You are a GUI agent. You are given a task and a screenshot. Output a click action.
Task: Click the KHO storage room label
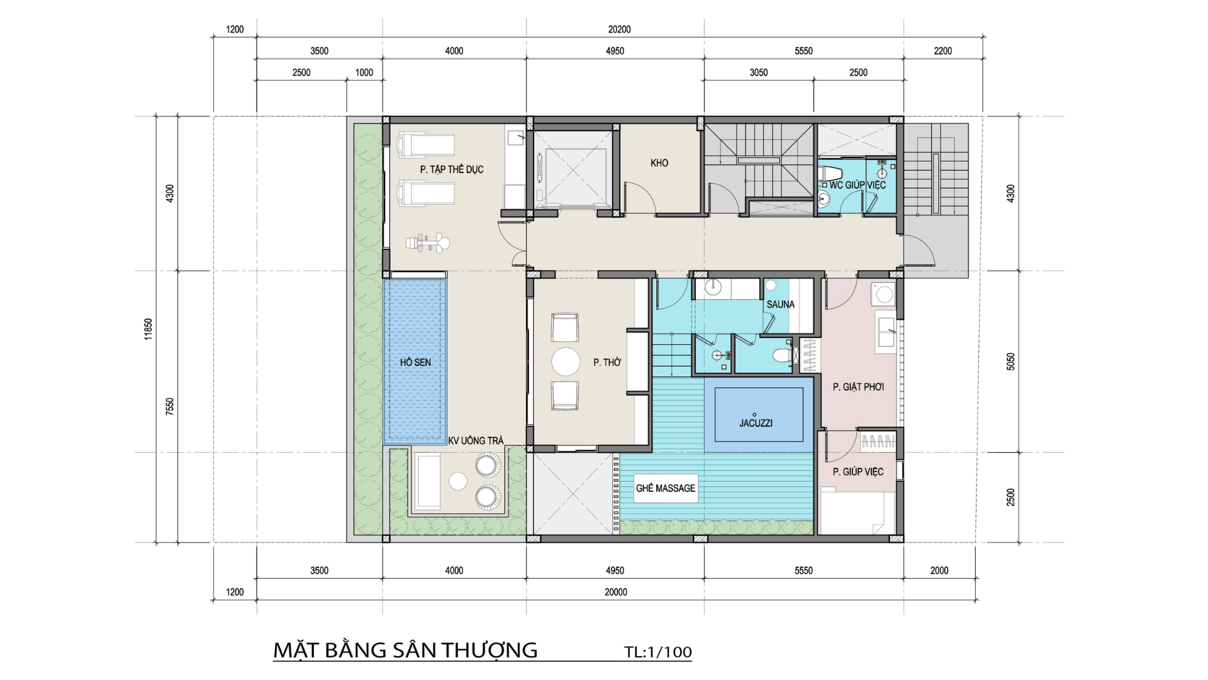659,163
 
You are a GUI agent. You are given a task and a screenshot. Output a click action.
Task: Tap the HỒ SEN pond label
415,362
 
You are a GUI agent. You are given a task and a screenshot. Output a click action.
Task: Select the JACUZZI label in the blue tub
756,423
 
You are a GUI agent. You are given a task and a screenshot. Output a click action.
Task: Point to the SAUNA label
780,304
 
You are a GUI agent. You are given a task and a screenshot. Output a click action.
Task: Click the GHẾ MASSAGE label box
666,488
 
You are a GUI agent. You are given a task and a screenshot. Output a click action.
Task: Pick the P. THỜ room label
607,362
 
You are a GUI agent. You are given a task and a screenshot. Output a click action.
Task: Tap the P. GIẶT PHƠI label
858,387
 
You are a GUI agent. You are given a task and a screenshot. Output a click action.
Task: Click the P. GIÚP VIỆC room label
858,472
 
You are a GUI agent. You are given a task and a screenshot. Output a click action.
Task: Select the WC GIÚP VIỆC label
857,185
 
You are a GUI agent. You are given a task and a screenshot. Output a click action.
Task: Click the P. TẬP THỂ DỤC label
452,169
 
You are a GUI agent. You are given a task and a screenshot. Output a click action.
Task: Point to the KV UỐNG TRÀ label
476,441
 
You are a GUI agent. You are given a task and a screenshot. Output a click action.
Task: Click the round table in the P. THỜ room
566,362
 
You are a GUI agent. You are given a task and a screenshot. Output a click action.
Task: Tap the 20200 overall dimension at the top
619,30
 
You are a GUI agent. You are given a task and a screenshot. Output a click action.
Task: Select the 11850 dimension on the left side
148,329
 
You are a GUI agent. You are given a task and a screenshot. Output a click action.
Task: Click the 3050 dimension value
759,72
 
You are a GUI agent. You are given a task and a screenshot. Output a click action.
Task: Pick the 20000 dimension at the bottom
616,592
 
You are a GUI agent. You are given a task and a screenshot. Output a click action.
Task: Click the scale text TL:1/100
658,652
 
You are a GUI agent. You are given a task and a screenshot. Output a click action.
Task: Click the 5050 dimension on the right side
1010,361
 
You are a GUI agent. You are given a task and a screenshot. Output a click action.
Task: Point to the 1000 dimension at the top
364,72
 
